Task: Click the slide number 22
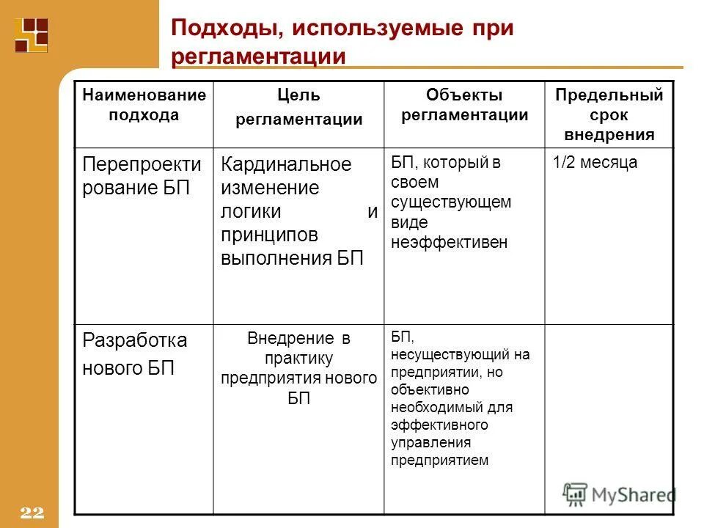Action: (33, 513)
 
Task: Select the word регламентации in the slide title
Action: (258, 56)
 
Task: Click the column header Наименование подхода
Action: (144, 105)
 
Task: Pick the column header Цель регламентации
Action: (298, 107)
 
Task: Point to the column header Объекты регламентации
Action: (465, 105)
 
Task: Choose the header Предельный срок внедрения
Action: (609, 114)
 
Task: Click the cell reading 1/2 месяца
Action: (595, 163)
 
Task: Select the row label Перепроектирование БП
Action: (142, 175)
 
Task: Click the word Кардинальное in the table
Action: (287, 164)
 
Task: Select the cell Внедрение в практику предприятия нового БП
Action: (298, 368)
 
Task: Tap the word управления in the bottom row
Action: (430, 442)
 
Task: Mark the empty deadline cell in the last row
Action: (609, 418)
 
